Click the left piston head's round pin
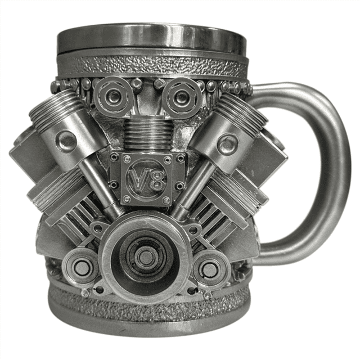pyautogui.click(x=66, y=140)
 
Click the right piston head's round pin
pyautogui.click(x=228, y=143)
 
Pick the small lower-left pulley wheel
pyautogui.click(x=81, y=267)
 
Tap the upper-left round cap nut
pyautogui.click(x=114, y=97)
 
